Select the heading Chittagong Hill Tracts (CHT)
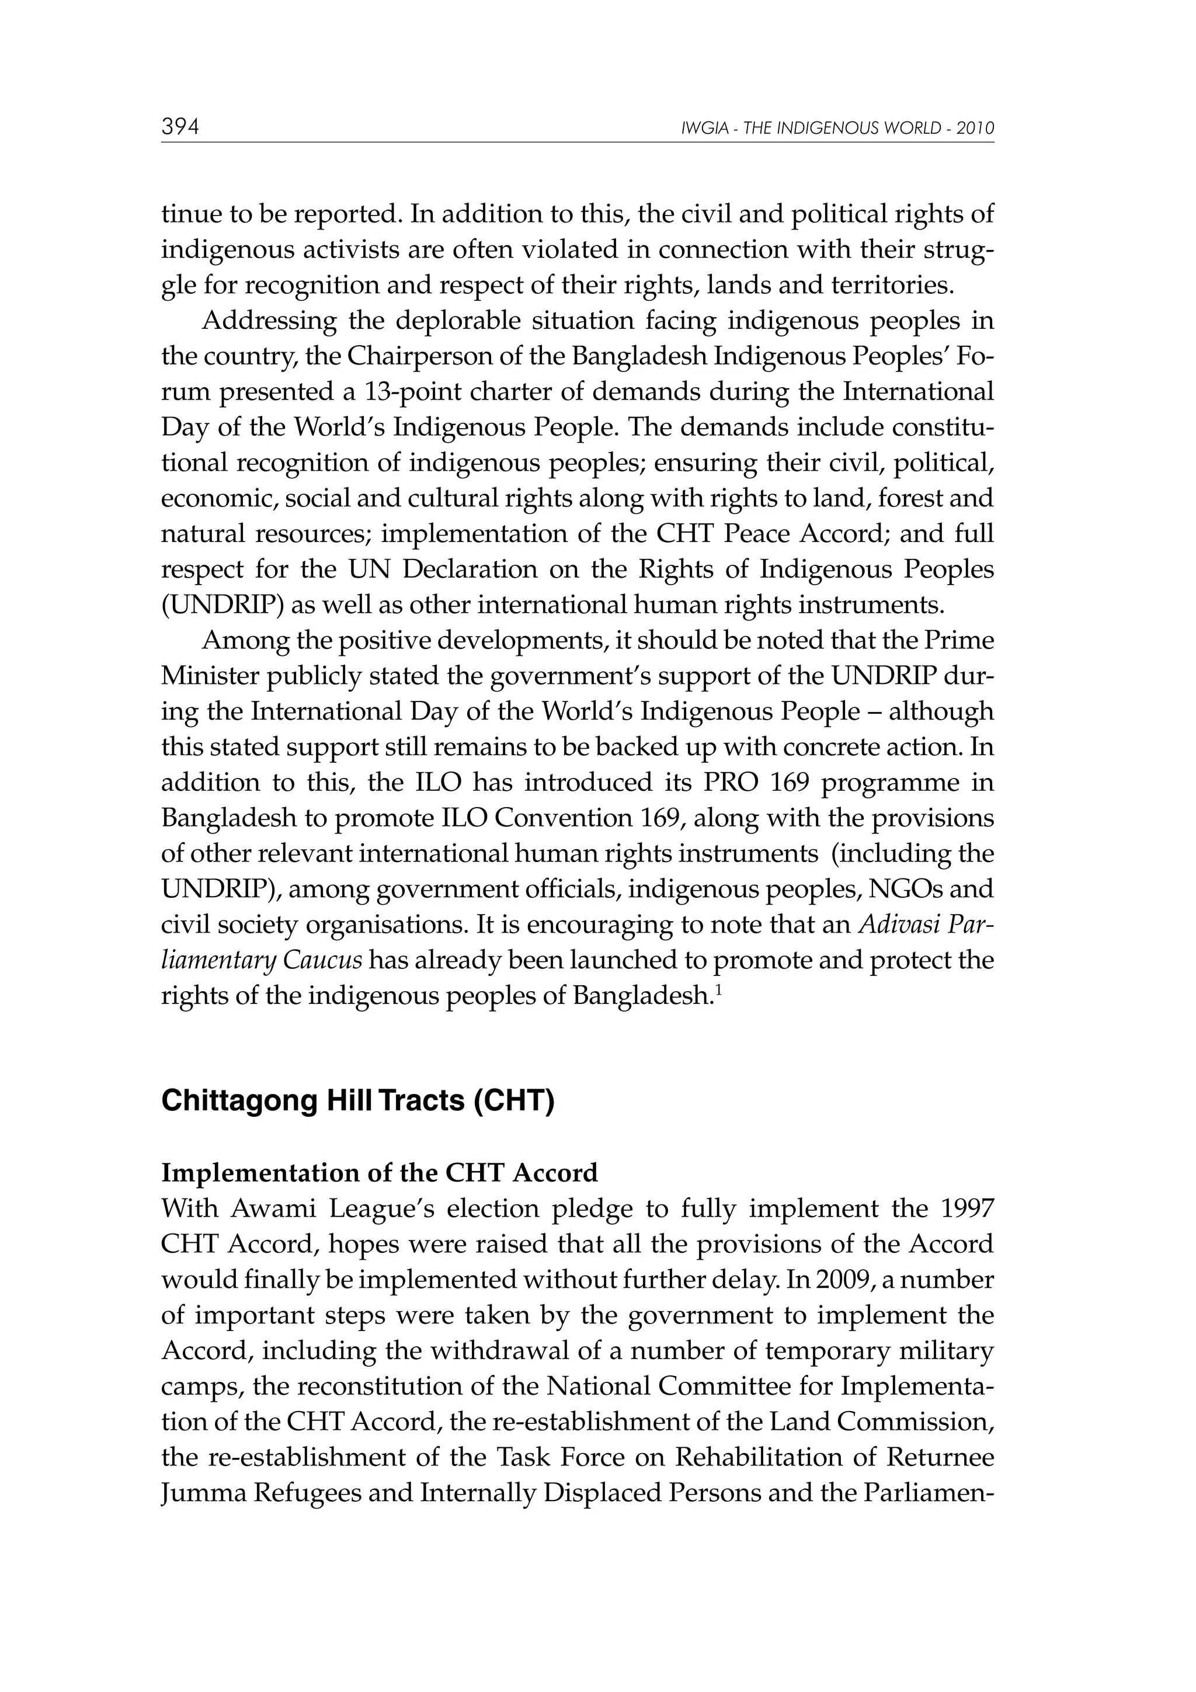pos(357,1101)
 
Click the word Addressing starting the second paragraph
pos(269,321)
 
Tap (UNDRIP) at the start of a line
pos(222,606)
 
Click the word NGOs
pos(906,890)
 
